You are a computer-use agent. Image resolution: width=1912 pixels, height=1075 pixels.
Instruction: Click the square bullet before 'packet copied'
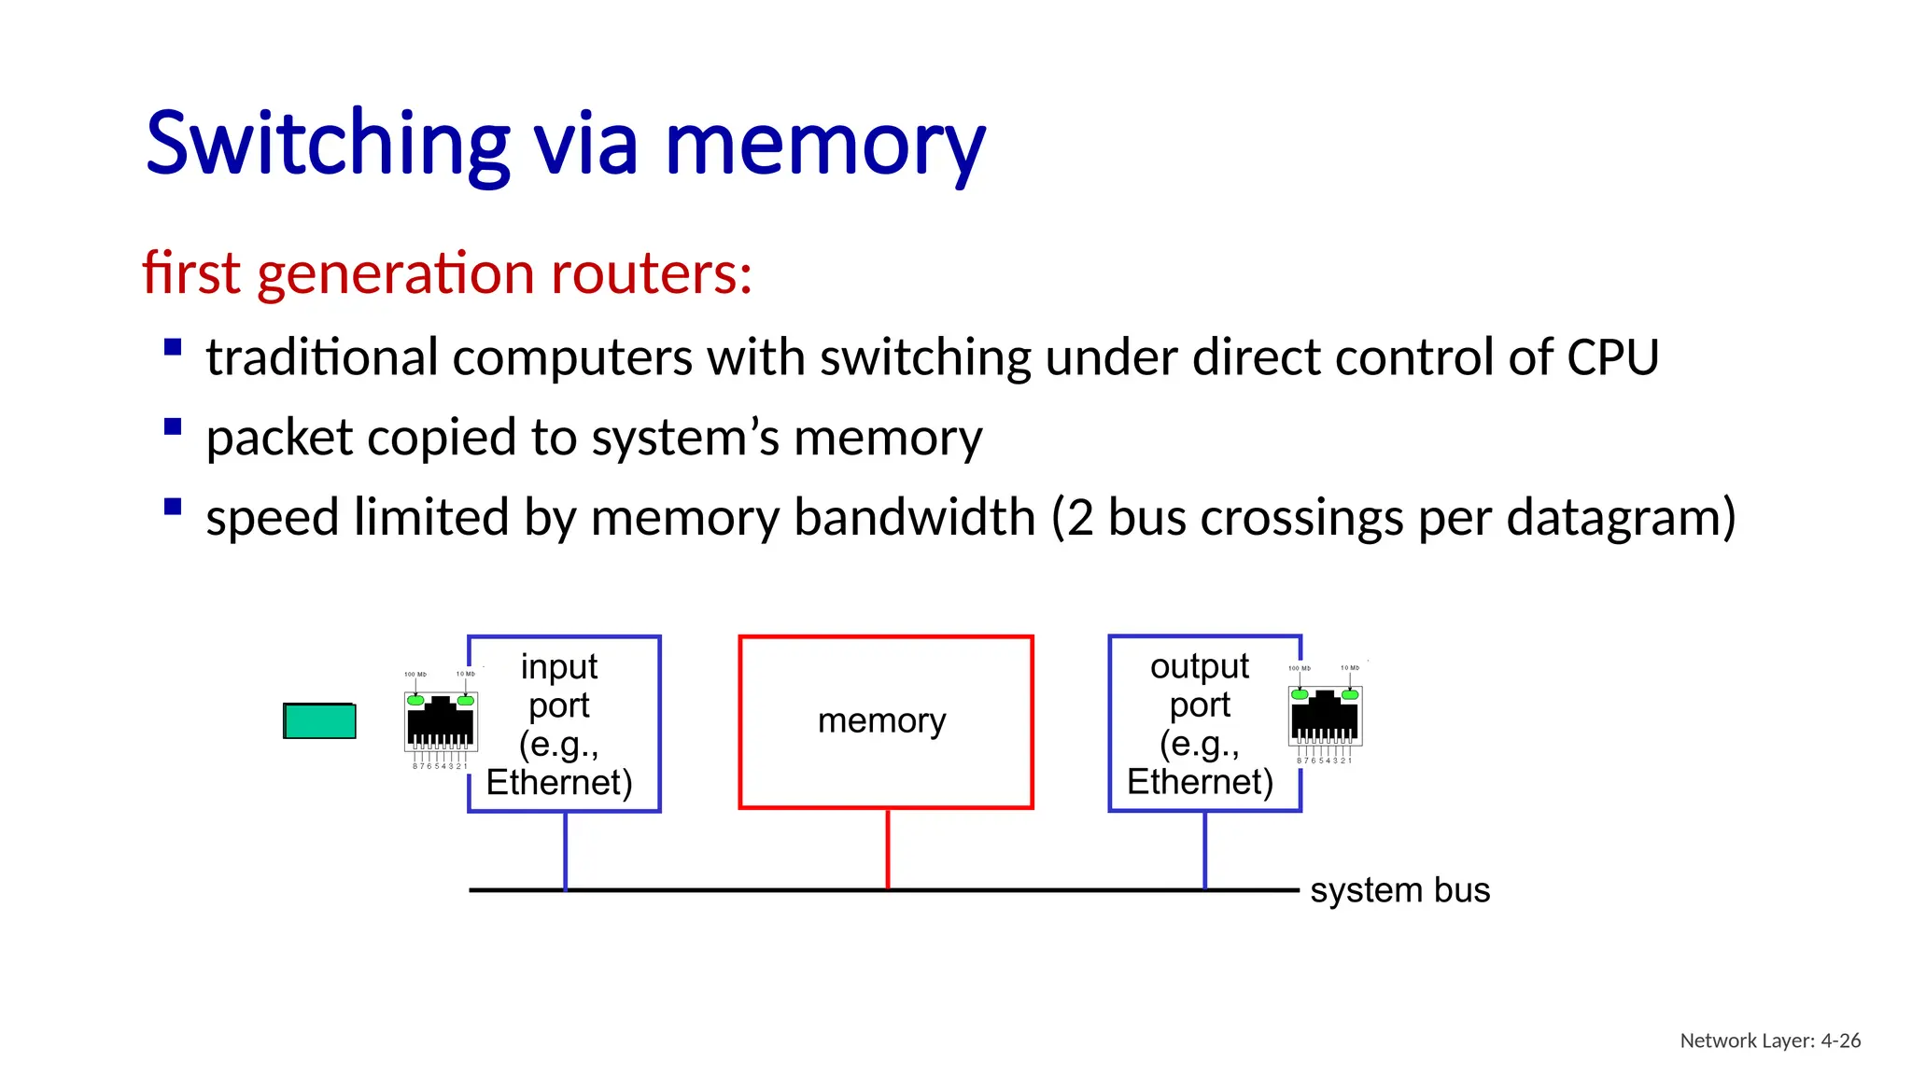173,427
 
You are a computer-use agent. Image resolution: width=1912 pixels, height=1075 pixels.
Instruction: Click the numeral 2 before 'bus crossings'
1080,517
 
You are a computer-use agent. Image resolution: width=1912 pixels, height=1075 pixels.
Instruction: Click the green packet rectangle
319,720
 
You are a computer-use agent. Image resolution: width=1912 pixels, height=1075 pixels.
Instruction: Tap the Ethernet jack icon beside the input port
441,721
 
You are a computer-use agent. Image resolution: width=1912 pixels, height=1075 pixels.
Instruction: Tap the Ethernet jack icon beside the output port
1325,716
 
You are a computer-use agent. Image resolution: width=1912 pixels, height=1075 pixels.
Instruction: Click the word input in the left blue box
558,666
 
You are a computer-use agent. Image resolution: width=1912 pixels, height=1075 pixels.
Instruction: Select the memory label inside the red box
881,720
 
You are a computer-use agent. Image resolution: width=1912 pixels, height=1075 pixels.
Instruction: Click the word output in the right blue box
1199,666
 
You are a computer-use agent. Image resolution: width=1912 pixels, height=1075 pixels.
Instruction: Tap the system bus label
1399,890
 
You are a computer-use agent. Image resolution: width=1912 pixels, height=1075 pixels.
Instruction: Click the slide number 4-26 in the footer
1840,1040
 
